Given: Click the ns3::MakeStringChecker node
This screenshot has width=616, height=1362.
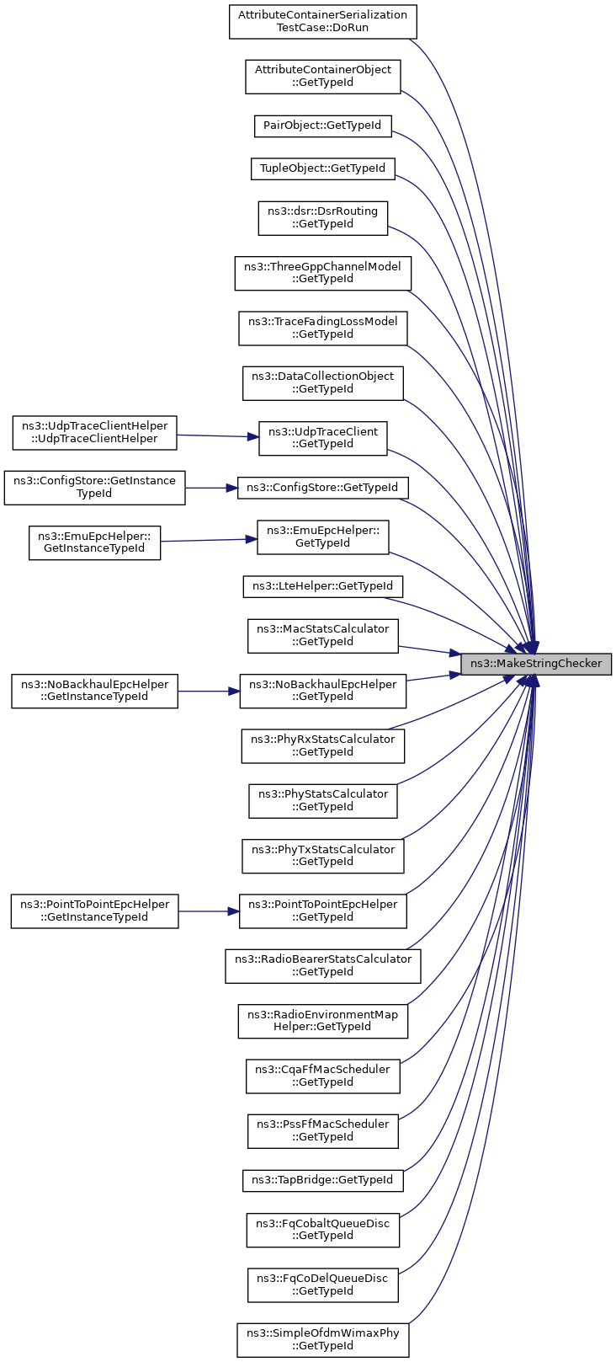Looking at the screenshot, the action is click(x=536, y=664).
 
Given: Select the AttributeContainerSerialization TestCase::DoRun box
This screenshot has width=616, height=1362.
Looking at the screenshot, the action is click(x=322, y=21).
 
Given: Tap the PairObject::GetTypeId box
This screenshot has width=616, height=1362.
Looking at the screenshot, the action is click(x=322, y=126).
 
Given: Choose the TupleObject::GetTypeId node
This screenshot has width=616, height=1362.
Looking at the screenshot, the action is click(x=322, y=168).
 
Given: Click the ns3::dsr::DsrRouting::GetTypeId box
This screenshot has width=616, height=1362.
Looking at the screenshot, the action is click(x=322, y=217).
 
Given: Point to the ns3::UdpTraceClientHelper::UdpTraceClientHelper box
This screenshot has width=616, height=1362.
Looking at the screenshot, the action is click(x=95, y=432).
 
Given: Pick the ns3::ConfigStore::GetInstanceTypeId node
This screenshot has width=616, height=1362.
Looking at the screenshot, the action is click(x=95, y=487).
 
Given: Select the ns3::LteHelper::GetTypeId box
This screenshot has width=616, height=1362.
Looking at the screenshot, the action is click(x=322, y=587).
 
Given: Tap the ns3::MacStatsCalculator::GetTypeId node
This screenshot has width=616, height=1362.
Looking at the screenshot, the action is click(x=322, y=635).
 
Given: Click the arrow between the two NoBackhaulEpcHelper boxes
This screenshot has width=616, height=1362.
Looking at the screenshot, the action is click(x=209, y=691).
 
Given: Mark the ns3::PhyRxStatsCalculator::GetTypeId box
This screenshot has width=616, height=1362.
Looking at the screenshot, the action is click(x=322, y=745).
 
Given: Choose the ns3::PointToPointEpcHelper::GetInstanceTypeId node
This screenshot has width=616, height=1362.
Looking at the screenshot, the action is click(x=95, y=911).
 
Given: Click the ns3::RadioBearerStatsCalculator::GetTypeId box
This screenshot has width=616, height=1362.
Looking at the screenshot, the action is click(x=322, y=965).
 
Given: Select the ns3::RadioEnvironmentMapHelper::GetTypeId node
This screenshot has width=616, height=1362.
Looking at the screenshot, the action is click(x=322, y=1021).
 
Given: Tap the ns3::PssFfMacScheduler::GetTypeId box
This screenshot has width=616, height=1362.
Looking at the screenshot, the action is click(x=322, y=1131).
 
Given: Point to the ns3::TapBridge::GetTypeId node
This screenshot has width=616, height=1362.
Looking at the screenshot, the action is click(x=322, y=1180).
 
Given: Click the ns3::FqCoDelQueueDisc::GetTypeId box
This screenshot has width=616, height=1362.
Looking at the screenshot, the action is click(x=322, y=1285).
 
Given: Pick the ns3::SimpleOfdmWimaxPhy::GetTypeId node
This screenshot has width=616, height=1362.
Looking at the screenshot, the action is click(x=322, y=1340).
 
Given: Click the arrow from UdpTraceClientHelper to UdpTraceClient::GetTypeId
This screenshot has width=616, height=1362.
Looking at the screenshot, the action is click(x=217, y=435).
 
